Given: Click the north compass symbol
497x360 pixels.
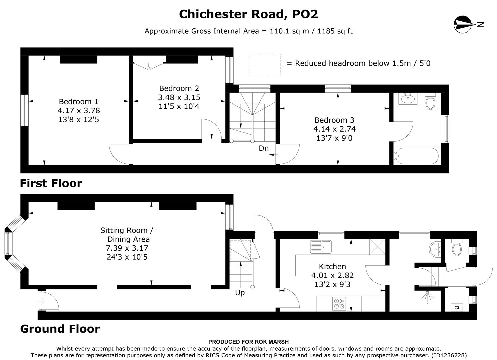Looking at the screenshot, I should [x=462, y=24].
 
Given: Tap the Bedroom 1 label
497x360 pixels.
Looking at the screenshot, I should [x=79, y=102].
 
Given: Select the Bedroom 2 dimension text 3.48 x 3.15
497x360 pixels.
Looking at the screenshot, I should [x=179, y=97].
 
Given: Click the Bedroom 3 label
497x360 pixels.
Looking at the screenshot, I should [x=334, y=120].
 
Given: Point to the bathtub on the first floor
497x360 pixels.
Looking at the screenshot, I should [x=416, y=156].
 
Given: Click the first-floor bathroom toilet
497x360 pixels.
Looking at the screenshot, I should [x=431, y=102].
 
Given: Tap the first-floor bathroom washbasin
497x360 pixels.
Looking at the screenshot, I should [x=408, y=99].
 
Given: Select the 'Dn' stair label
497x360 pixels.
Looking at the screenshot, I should [x=264, y=148].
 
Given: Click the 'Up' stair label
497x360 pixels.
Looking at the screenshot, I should [x=240, y=293].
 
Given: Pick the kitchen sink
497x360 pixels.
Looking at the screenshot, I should [x=321, y=247].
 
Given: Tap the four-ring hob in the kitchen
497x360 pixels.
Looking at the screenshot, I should [x=340, y=304].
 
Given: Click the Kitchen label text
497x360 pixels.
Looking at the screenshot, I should [x=332, y=266].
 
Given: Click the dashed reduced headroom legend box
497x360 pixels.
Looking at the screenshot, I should [x=265, y=64].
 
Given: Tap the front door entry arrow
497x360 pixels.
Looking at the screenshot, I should [x=42, y=301].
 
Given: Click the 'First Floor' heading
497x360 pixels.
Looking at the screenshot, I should [x=51, y=183].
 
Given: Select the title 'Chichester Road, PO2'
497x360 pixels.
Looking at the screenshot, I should [x=248, y=14].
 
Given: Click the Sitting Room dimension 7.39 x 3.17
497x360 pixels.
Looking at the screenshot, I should [x=127, y=248].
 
